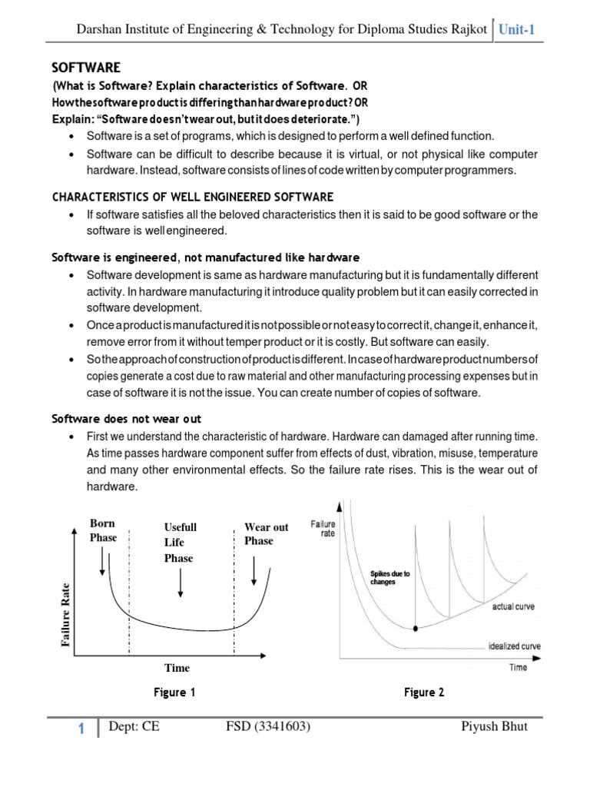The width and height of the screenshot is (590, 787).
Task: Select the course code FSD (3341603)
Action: click(x=268, y=727)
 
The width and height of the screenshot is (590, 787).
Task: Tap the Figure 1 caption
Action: click(x=174, y=692)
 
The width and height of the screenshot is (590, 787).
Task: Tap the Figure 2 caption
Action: click(x=424, y=692)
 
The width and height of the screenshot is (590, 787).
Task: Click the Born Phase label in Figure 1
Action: click(x=104, y=530)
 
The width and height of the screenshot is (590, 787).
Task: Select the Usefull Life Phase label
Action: click(x=181, y=543)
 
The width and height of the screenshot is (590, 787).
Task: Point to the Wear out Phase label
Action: click(x=266, y=533)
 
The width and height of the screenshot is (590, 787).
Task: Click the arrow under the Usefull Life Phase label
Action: click(x=180, y=584)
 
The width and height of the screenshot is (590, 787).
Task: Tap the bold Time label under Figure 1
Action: click(x=176, y=667)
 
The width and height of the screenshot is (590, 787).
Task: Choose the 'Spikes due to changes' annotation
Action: click(x=389, y=578)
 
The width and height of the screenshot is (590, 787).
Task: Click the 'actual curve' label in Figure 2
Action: click(x=513, y=607)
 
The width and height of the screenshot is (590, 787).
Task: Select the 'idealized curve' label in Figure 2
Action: click(x=514, y=646)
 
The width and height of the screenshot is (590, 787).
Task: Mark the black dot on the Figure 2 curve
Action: click(x=416, y=628)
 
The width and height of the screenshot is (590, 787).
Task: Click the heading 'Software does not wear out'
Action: click(x=126, y=419)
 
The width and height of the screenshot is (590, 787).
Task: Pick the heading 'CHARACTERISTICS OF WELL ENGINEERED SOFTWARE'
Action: click(x=192, y=197)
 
